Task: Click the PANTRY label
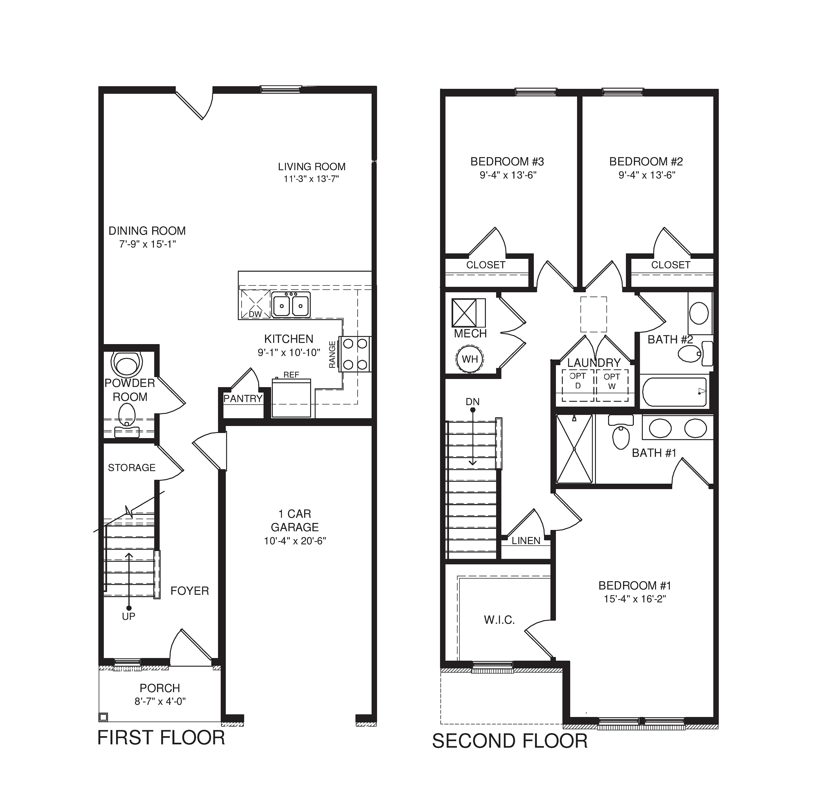pos(243,399)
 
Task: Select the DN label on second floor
pos(473,402)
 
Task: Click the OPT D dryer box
pos(578,385)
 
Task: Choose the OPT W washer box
pos(612,385)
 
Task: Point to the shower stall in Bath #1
pos(574,449)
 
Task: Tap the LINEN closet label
pos(526,541)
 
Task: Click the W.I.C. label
pos(499,620)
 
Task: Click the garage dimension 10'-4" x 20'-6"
pos(295,541)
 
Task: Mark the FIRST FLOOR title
pos(161,738)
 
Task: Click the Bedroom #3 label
pos(507,161)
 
